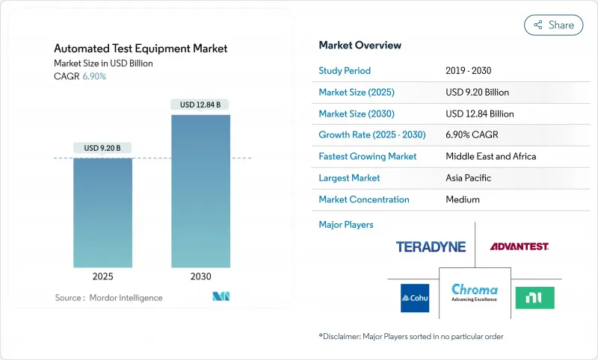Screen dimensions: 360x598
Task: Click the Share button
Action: tap(553, 25)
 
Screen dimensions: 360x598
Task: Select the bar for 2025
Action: tap(102, 212)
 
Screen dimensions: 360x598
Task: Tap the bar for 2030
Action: tap(200, 190)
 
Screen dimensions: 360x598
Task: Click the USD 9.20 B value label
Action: tap(102, 148)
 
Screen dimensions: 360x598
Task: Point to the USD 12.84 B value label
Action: tap(200, 105)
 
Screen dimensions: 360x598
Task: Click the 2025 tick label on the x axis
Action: tap(102, 276)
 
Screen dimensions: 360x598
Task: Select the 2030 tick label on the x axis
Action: tap(200, 276)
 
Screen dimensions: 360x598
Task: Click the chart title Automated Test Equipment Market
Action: tap(141, 49)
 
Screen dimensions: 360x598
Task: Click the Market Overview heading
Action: tap(360, 45)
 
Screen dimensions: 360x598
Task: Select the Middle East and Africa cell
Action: tap(490, 156)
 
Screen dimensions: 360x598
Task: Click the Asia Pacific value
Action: tap(472, 178)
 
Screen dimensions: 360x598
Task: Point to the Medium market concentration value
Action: tap(463, 199)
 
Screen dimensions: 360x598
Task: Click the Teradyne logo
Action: tap(431, 246)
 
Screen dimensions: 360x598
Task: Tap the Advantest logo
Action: tap(520, 246)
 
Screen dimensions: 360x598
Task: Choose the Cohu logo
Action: tap(415, 297)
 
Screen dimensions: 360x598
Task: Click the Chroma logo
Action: tap(475, 294)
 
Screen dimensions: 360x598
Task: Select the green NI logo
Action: tap(535, 297)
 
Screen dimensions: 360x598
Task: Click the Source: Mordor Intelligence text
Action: tap(108, 297)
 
